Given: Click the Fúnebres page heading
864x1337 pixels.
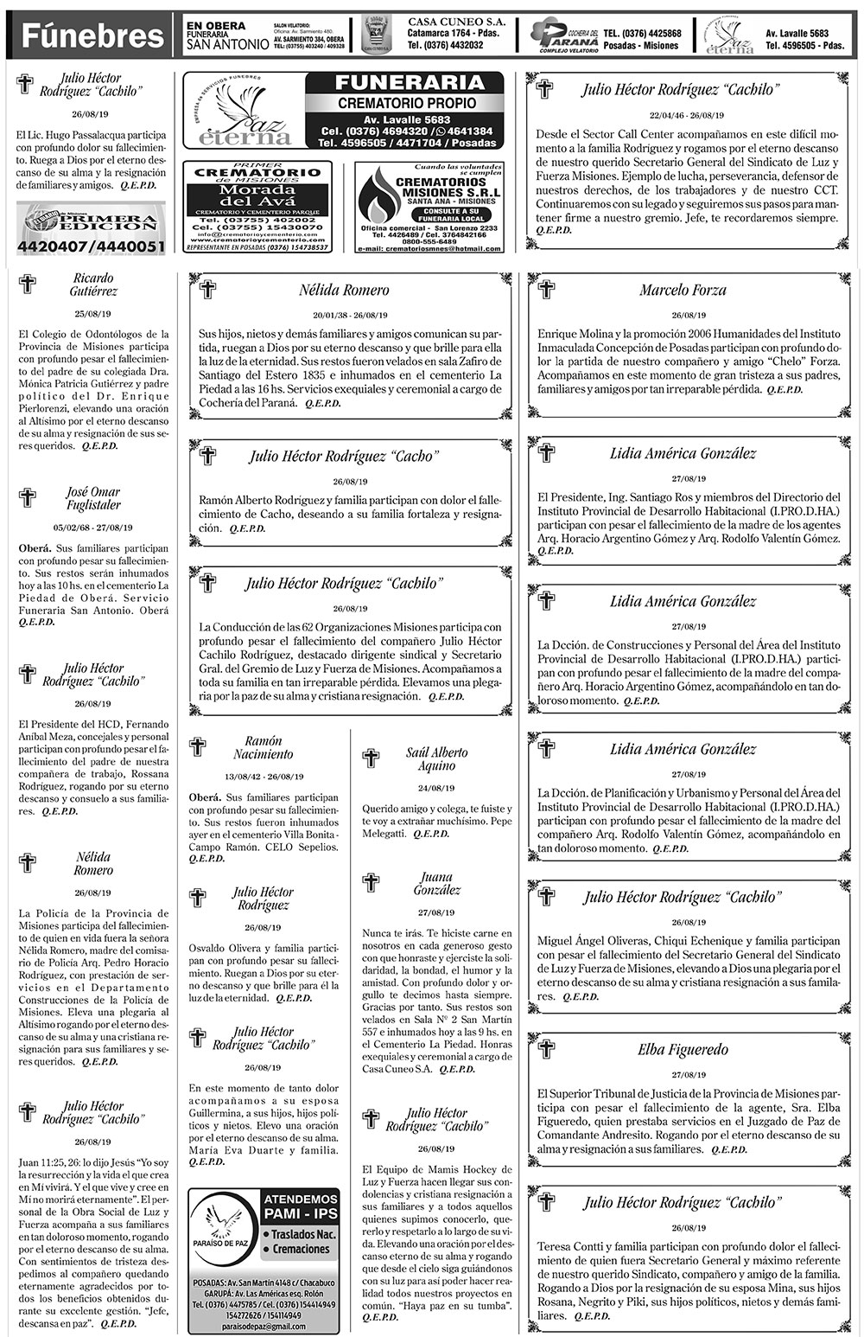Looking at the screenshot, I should [92, 36].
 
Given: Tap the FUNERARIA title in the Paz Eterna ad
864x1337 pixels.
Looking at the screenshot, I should [403, 83].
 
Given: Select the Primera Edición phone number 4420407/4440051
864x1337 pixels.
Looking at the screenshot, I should [91, 247].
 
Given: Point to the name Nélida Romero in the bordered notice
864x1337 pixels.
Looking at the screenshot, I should [344, 291].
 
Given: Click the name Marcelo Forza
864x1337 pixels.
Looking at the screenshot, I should [683, 291].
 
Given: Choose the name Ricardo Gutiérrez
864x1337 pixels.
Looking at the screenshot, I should [93, 285].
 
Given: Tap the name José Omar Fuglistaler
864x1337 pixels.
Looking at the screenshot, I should [93, 498].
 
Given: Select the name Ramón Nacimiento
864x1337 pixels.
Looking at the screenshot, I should [264, 747].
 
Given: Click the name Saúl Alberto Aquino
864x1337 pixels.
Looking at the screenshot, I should [436, 758].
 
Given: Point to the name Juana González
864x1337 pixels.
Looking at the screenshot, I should [437, 883].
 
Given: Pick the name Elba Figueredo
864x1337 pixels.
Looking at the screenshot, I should [683, 1050].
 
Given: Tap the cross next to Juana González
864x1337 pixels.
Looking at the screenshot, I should [371, 882].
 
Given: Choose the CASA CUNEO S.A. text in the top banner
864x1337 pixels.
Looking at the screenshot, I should [444, 20].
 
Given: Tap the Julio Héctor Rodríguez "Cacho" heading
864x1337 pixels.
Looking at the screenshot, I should [344, 457].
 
